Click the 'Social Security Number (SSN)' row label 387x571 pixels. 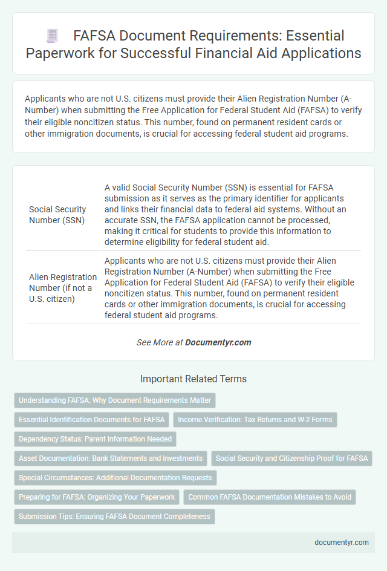(57, 215)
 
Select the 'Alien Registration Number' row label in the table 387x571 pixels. (63, 288)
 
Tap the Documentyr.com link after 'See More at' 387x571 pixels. (218, 342)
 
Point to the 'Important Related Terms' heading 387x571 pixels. (193, 379)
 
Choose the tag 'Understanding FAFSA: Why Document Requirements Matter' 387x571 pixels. (114, 400)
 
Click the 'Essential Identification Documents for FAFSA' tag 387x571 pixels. (91, 419)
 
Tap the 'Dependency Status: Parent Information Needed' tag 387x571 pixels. (95, 439)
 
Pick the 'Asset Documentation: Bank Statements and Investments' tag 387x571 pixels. (111, 458)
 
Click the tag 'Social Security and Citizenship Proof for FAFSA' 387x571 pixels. (291, 458)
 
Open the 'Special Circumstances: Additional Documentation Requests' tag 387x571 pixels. (115, 478)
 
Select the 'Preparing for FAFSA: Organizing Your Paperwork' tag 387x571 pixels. (97, 497)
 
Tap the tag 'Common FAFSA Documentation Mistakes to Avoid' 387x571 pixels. (270, 497)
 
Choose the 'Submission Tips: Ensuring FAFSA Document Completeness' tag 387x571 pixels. (114, 517)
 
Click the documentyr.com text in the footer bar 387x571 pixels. (342, 543)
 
